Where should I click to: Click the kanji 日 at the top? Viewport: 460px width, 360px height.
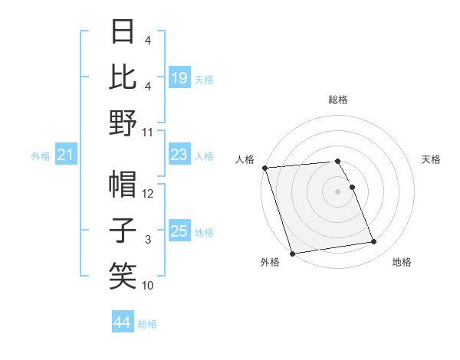point(123,33)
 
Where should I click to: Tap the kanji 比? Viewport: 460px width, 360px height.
point(123,77)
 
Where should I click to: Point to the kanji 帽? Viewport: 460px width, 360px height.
point(123,185)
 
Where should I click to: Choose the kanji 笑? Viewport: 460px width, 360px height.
point(123,274)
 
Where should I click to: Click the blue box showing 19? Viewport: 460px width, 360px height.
point(179,77)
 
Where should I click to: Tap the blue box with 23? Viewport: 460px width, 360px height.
point(179,155)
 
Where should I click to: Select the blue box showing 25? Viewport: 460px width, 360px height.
point(179,232)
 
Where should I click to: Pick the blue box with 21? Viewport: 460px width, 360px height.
point(65,155)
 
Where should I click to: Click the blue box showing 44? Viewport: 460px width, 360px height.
point(122,322)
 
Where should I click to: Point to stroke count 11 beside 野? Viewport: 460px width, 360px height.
point(148,132)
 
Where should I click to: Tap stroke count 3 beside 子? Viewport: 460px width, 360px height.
point(148,240)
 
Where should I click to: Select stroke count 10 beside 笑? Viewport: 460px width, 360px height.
point(148,286)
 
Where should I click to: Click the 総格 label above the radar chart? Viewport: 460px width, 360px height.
point(338,100)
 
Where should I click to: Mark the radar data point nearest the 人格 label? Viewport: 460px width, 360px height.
point(265,168)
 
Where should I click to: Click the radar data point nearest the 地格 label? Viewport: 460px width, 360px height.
point(374,242)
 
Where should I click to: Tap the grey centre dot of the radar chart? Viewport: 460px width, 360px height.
point(338,191)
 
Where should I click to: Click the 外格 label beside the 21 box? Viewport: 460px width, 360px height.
point(41,156)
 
